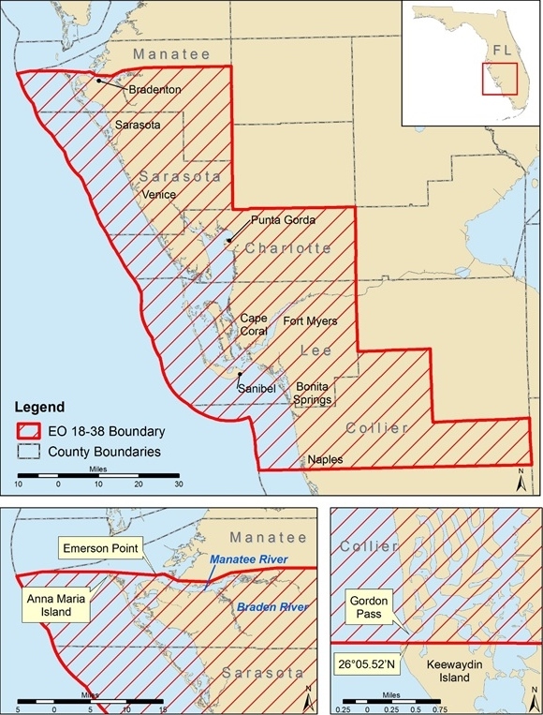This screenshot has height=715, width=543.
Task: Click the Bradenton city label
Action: (x=154, y=90)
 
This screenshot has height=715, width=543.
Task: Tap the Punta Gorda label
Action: (x=283, y=219)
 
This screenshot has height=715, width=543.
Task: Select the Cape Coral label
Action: (x=254, y=324)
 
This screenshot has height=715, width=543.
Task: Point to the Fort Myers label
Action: (x=310, y=320)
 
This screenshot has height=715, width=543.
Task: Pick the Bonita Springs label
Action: (x=314, y=393)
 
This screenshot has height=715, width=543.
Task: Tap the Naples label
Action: (x=324, y=460)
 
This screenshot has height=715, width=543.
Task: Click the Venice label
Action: (x=160, y=194)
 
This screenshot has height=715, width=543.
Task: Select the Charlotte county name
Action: (x=288, y=248)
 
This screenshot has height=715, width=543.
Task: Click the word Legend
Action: (x=40, y=408)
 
